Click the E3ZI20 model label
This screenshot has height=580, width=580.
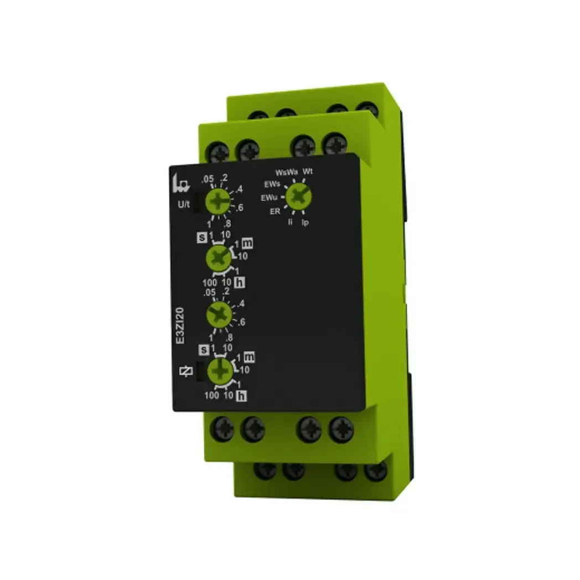tap(180, 327)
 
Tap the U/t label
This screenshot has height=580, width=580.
tap(183, 205)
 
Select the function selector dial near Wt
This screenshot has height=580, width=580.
tap(298, 195)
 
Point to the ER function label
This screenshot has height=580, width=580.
tap(275, 211)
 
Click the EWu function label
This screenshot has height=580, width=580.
tap(270, 197)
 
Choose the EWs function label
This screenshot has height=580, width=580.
tap(272, 183)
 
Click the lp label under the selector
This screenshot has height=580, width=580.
tap(305, 222)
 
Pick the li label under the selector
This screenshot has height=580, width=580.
tap(289, 222)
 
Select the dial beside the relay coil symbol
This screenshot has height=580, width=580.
tap(220, 370)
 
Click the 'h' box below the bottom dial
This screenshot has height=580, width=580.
tap(241, 395)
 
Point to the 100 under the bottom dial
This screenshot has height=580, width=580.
tap(211, 396)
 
